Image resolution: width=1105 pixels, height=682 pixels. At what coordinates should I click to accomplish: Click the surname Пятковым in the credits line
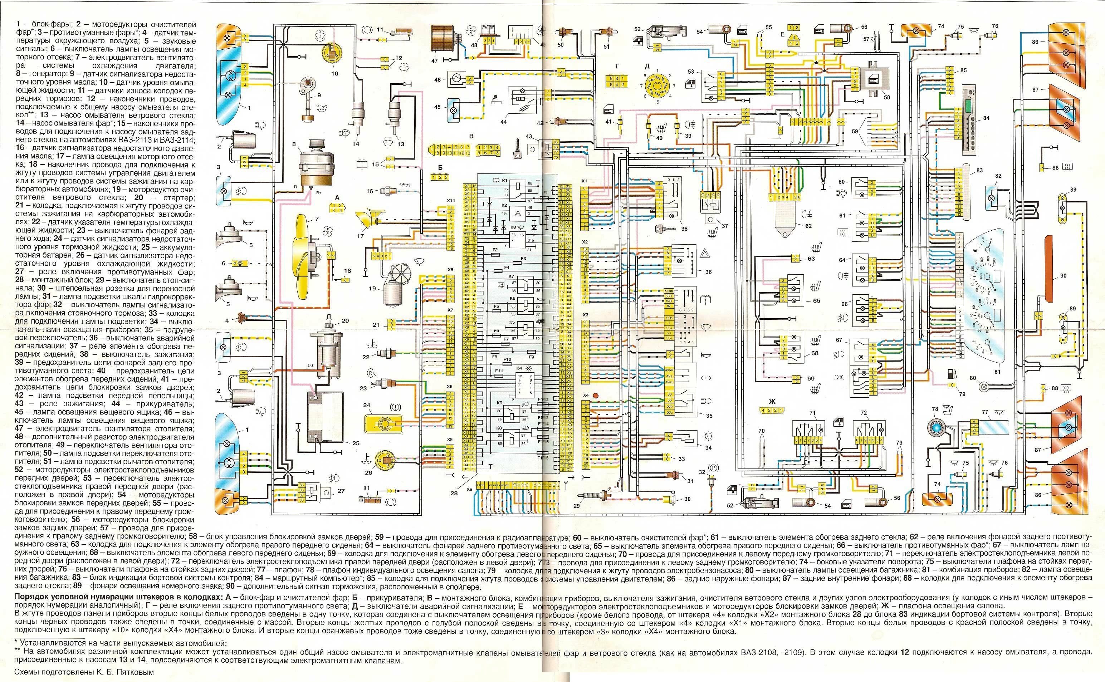click(x=135, y=672)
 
